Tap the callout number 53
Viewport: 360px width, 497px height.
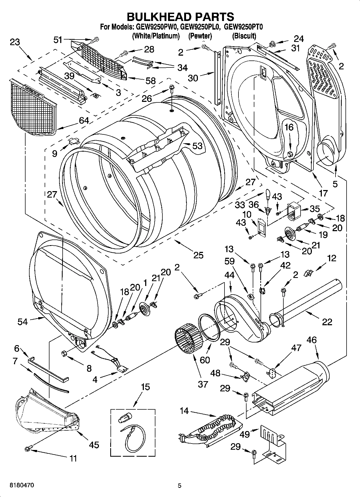pyautogui.click(x=197, y=146)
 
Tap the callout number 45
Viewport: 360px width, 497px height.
pyautogui.click(x=94, y=445)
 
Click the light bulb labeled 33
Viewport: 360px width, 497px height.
pyautogui.click(x=268, y=194)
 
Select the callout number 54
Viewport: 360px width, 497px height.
pyautogui.click(x=23, y=321)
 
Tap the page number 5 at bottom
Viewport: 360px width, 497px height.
pyautogui.click(x=180, y=485)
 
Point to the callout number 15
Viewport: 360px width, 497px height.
pyautogui.click(x=145, y=387)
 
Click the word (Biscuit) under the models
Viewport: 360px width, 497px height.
pyautogui.click(x=244, y=36)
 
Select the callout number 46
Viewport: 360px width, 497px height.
pyautogui.click(x=312, y=340)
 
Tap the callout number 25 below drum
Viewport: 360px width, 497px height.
pyautogui.click(x=198, y=255)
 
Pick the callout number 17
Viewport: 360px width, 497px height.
pyautogui.click(x=323, y=193)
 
